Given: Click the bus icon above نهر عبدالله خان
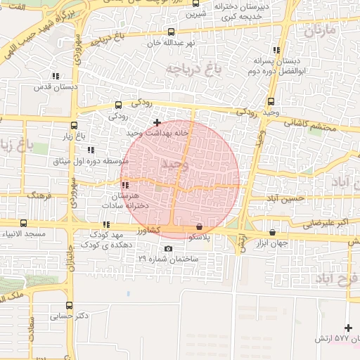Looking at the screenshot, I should [172, 32].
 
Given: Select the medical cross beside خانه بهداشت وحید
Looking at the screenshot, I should [156, 123].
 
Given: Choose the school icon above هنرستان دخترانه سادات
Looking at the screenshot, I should [125, 186].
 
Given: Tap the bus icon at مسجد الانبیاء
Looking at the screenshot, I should [23, 223].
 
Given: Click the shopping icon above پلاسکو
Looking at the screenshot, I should [200, 227].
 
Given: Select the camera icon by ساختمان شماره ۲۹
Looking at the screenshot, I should [168, 248].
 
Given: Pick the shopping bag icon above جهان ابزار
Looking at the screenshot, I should [272, 233].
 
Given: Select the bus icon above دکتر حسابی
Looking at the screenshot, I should [69, 305].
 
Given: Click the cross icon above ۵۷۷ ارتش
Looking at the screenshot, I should [348, 328].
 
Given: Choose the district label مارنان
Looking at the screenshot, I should [320, 32].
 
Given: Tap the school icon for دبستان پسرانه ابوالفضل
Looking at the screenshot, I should [276, 50].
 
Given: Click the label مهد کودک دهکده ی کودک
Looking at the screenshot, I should [105, 239].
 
